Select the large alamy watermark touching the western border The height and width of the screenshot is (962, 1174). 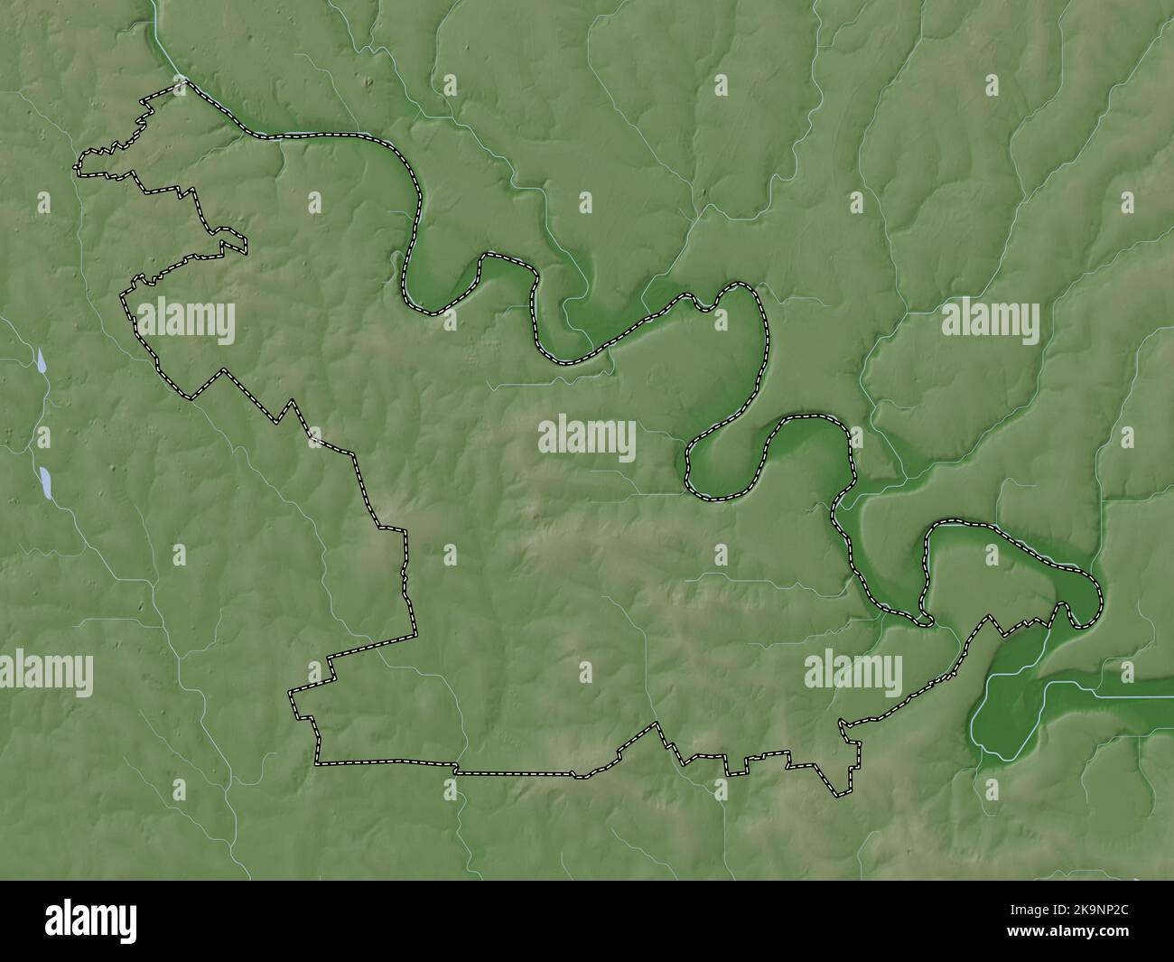click(186, 322)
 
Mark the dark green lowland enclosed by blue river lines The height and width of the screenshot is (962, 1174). click(1007, 705)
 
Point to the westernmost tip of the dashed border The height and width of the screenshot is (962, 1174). click(76, 166)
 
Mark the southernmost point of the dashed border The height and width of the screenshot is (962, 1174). click(839, 796)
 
